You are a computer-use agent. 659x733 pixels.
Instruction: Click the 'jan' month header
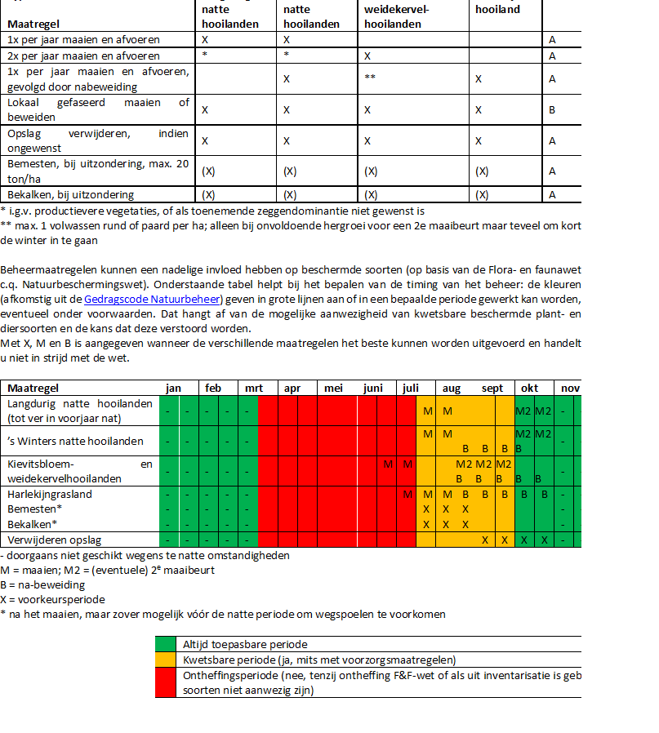173,389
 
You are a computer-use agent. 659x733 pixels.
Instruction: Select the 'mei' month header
333,389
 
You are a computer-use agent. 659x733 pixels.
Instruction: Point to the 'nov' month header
569,389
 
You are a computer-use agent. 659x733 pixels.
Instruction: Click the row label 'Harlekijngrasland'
50,494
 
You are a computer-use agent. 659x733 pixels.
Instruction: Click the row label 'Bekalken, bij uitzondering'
70,194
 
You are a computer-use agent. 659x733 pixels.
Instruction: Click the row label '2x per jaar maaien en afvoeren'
83,56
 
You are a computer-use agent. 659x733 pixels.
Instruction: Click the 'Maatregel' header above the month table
33,389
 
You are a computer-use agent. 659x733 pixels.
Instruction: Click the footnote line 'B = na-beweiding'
43,584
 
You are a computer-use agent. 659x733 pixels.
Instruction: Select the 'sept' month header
492,389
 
